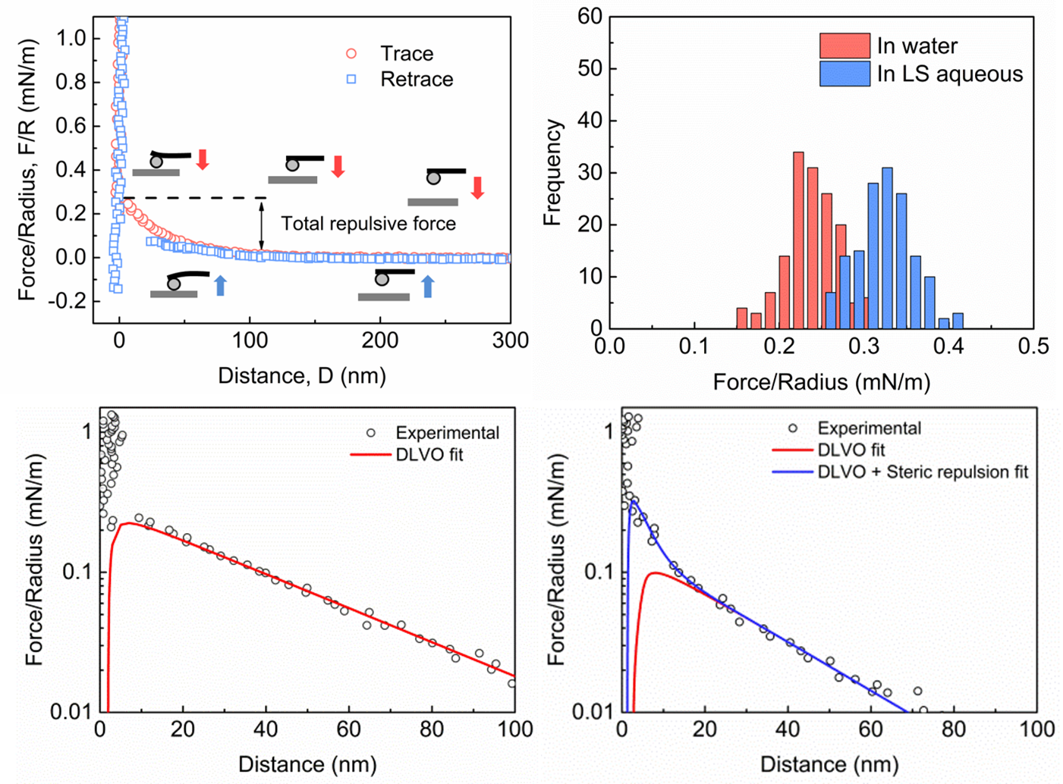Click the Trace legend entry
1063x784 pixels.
[x=406, y=54]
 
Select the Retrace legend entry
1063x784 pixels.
[x=416, y=80]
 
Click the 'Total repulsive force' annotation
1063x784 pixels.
[x=369, y=224]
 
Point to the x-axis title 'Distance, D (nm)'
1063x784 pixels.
[x=302, y=376]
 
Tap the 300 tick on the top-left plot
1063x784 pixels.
[x=511, y=340]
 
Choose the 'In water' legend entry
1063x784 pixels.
[x=917, y=46]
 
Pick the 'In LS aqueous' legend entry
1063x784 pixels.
[x=949, y=74]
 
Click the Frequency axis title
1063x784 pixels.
[x=552, y=173]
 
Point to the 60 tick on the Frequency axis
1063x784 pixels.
[x=590, y=17]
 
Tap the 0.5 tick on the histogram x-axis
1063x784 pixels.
[x=1033, y=347]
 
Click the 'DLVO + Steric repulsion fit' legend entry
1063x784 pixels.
[x=922, y=472]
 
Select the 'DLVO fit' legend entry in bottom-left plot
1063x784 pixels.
[x=429, y=455]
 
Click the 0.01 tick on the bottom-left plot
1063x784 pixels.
[x=70, y=712]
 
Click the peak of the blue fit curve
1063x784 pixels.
[x=632, y=501]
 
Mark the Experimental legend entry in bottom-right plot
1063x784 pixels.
[x=869, y=428]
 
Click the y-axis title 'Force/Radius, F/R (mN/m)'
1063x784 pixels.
[x=27, y=171]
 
